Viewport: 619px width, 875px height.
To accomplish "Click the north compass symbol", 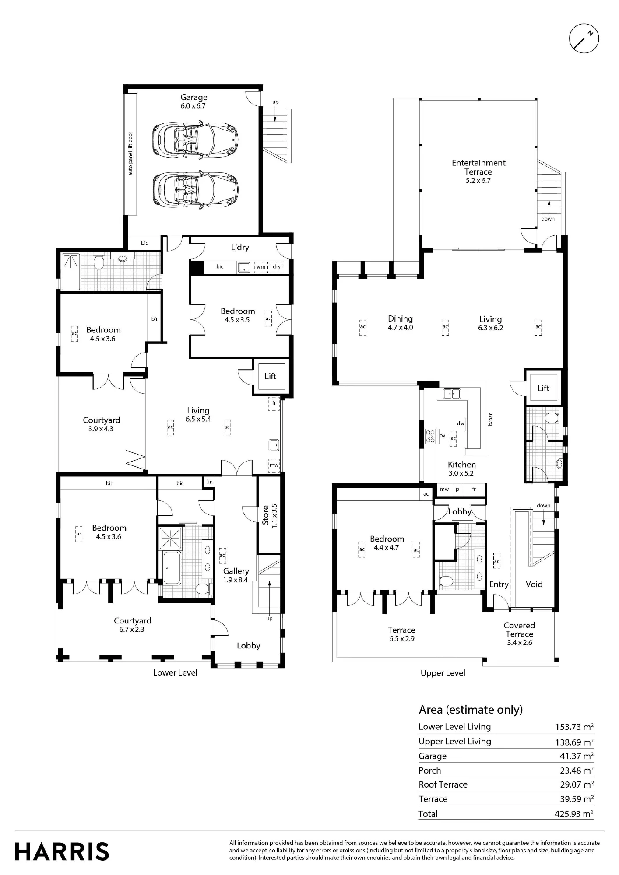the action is pyautogui.click(x=584, y=38).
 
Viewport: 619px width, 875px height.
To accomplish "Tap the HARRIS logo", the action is pyautogui.click(x=62, y=851).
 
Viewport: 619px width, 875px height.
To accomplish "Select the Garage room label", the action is pyautogui.click(x=194, y=97).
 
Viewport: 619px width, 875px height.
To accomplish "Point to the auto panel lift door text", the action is pyautogui.click(x=130, y=154).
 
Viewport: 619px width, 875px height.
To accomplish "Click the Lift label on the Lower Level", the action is pyautogui.click(x=271, y=376).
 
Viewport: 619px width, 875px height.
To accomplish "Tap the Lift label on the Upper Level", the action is pyautogui.click(x=543, y=388).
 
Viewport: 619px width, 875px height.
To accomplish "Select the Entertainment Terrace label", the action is pyautogui.click(x=478, y=167).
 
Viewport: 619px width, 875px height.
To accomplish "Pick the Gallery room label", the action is pyautogui.click(x=236, y=571).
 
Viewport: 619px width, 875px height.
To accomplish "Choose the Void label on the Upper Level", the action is pyautogui.click(x=534, y=584).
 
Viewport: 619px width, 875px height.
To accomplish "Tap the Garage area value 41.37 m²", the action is pyautogui.click(x=577, y=756).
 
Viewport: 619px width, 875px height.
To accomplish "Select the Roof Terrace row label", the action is pyautogui.click(x=443, y=784).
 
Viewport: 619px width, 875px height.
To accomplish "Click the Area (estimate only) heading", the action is pyautogui.click(x=471, y=710).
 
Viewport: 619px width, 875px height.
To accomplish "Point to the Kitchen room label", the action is pyautogui.click(x=462, y=465).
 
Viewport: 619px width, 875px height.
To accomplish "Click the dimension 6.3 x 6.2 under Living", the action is pyautogui.click(x=490, y=328).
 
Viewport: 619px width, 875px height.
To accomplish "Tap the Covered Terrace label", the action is pyautogui.click(x=519, y=630).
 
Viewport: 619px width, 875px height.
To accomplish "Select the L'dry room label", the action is pyautogui.click(x=240, y=247).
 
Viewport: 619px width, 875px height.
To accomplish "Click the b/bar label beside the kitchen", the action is pyautogui.click(x=490, y=420).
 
